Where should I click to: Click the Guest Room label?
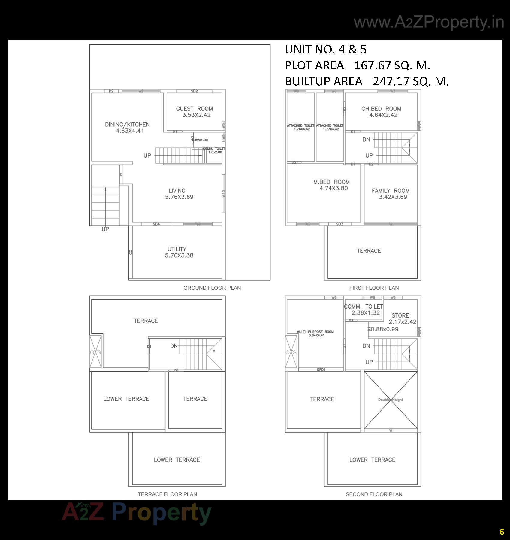pyautogui.click(x=194, y=109)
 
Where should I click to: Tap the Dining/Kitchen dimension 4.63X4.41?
pyautogui.click(x=130, y=131)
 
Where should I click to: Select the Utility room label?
pyautogui.click(x=177, y=249)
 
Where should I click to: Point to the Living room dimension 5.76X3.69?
pyautogui.click(x=179, y=197)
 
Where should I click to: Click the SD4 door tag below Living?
pyautogui.click(x=156, y=224)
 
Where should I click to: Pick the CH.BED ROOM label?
pyautogui.click(x=381, y=109)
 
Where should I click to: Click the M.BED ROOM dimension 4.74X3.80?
pyautogui.click(x=333, y=189)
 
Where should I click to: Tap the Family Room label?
pyautogui.click(x=390, y=191)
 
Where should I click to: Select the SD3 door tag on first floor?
pyautogui.click(x=339, y=224)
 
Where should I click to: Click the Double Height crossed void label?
pyautogui.click(x=390, y=400)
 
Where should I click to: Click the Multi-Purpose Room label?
pyautogui.click(x=315, y=332)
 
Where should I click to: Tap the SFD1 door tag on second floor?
pyautogui.click(x=321, y=370)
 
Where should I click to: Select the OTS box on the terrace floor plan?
pyautogui.click(x=95, y=352)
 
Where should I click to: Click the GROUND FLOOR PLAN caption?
pyautogui.click(x=212, y=288)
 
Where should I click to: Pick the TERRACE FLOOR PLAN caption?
pyautogui.click(x=167, y=494)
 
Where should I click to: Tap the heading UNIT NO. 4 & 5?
pyautogui.click(x=325, y=50)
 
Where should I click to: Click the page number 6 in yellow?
pyautogui.click(x=502, y=532)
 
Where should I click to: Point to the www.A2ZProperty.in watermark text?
pyautogui.click(x=428, y=22)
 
